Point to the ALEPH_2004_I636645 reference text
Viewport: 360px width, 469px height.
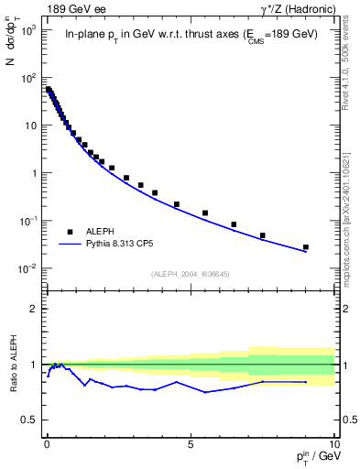(x=190, y=274)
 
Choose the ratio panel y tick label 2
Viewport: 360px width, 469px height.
(x=34, y=309)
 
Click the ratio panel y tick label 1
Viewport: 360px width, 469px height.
(x=34, y=365)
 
